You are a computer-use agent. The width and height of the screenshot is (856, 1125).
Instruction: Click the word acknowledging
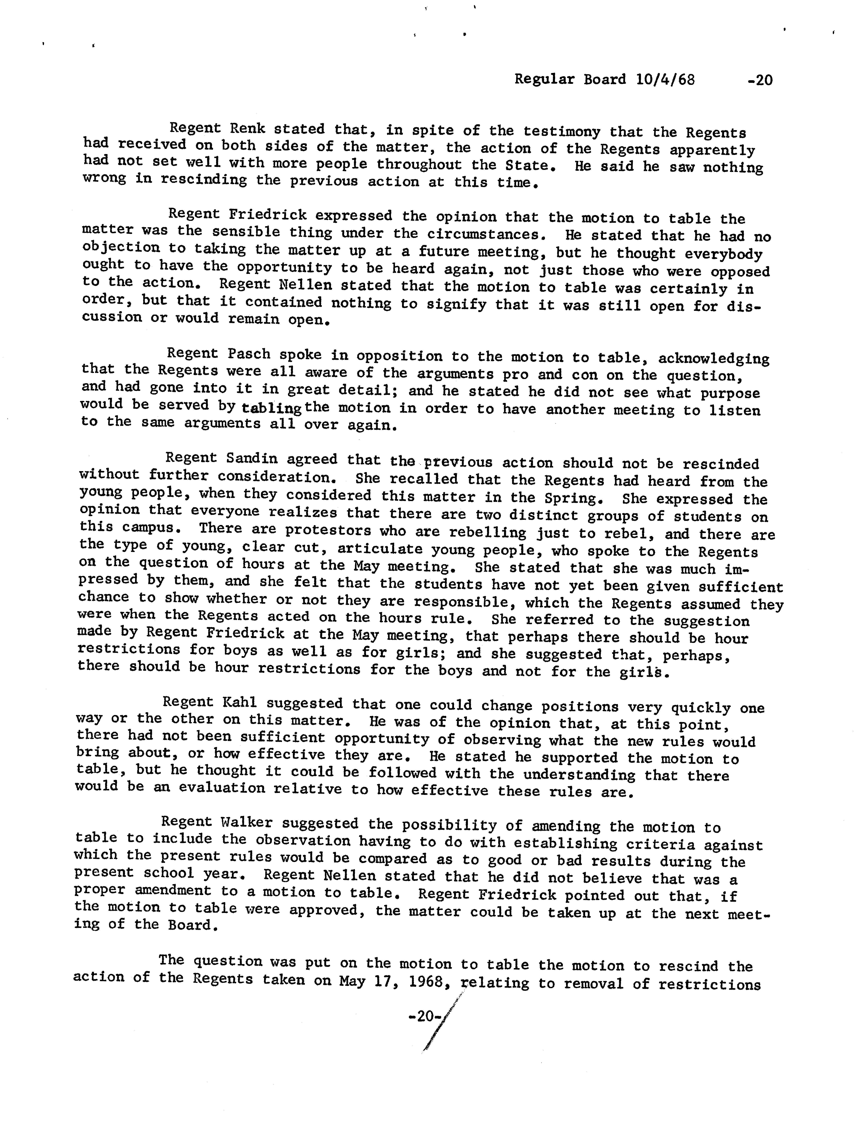pos(714,358)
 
